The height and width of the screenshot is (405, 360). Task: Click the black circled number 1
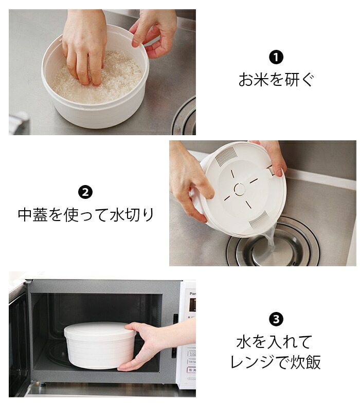tap(276, 58)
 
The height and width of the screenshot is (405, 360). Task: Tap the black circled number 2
tap(85, 192)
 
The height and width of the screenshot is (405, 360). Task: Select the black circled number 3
tap(276, 319)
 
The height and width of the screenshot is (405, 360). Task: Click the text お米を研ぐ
tap(276, 79)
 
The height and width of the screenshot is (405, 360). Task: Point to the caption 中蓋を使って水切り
tap(85, 214)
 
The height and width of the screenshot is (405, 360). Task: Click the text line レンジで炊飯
tap(276, 362)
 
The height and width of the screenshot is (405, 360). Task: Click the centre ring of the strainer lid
tap(240, 189)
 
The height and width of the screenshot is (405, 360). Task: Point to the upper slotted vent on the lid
tap(226, 156)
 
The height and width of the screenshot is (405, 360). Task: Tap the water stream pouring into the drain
tap(270, 239)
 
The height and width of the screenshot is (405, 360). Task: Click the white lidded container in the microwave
tap(100, 345)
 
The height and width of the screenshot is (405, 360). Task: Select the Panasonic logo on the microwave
tap(192, 293)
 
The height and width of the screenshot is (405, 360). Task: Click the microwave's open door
tap(19, 338)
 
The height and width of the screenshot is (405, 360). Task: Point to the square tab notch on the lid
tap(271, 171)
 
